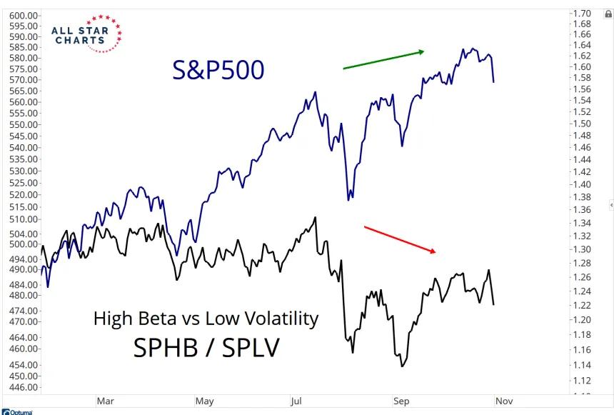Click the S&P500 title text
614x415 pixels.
click(x=218, y=69)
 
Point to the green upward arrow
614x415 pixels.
click(x=383, y=59)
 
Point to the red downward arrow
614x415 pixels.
click(x=400, y=239)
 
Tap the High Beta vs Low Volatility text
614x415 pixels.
click(x=206, y=319)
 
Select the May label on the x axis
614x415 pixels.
click(x=203, y=402)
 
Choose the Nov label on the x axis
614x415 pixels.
click(x=503, y=402)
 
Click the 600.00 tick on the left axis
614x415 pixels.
click(x=26, y=16)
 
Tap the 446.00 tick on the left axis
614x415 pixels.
click(x=26, y=388)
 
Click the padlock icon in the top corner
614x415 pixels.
click(x=608, y=14)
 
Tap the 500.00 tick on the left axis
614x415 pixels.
click(x=26, y=244)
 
